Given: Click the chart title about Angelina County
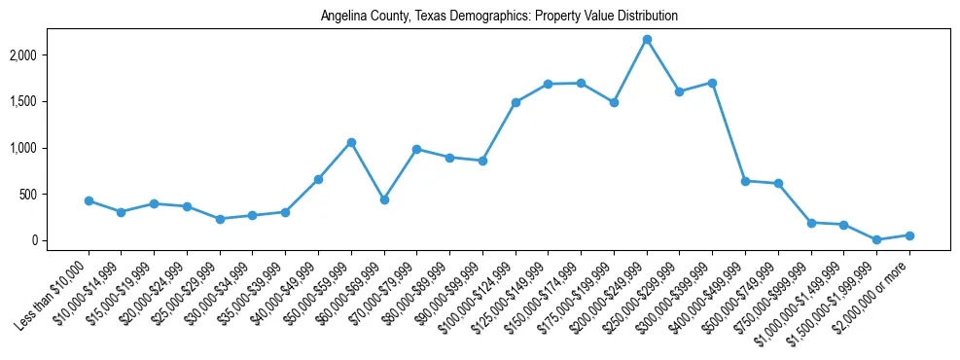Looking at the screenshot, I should (499, 17).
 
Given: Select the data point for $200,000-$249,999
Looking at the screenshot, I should (647, 40).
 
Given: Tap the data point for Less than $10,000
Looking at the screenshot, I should (89, 200).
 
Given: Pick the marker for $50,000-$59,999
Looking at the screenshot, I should (351, 142).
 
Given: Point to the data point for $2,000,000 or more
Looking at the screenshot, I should (909, 235).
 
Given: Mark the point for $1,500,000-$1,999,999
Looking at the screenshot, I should (876, 239).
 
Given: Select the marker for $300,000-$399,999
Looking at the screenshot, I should (712, 83).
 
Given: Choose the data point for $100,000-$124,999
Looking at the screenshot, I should (516, 102).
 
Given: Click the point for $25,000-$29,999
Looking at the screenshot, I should (220, 219).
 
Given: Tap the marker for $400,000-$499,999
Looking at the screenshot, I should (745, 181).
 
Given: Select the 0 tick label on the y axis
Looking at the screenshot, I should (60, 240).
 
